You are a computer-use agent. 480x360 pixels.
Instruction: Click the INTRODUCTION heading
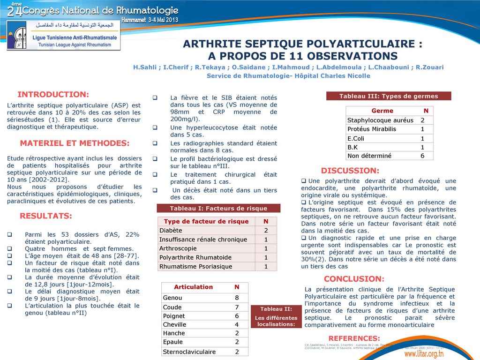53,95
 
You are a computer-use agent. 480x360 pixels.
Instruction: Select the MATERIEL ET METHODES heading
75,143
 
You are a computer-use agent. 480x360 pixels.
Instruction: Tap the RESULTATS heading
46,216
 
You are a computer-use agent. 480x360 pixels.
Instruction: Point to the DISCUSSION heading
350,171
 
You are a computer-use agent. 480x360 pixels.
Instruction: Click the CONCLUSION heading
354,279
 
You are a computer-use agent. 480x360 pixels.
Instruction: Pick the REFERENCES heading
354,338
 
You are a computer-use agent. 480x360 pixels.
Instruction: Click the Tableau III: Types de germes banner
389,96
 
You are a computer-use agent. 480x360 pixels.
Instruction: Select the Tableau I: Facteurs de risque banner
218,209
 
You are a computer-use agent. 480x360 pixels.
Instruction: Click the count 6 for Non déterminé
422,156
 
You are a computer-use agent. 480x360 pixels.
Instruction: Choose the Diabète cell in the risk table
171,231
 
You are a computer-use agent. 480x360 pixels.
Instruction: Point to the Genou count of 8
237,298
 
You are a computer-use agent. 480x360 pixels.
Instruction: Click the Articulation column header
193,287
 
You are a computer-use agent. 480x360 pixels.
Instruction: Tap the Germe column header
382,111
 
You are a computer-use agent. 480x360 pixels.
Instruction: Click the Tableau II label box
276,316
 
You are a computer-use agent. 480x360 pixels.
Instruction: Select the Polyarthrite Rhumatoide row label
195,257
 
